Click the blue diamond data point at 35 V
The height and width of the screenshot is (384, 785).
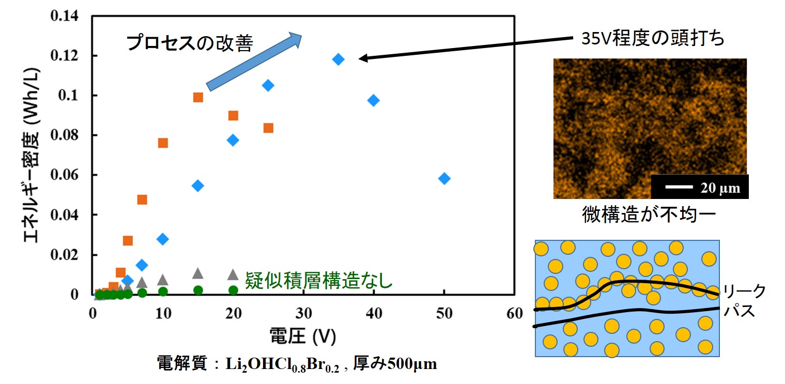pos(338,59)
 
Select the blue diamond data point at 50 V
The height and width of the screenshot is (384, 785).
pos(444,179)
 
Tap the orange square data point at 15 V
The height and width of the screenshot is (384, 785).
pos(198,97)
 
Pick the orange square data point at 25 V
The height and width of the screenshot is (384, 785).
pos(268,128)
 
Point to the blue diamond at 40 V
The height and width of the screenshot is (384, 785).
pos(373,100)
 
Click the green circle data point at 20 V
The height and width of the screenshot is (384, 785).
pos(233,290)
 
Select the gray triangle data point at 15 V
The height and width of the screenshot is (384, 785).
pos(198,273)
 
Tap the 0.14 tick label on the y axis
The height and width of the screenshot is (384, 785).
pos(64,16)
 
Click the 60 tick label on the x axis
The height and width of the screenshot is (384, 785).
pos(514,314)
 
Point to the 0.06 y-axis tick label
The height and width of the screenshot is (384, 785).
pos(64,175)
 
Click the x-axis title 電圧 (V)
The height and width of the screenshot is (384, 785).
pos(303,337)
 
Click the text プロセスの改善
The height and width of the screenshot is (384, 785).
pos(190,43)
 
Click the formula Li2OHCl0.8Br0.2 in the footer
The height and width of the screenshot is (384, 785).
pos(282,365)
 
